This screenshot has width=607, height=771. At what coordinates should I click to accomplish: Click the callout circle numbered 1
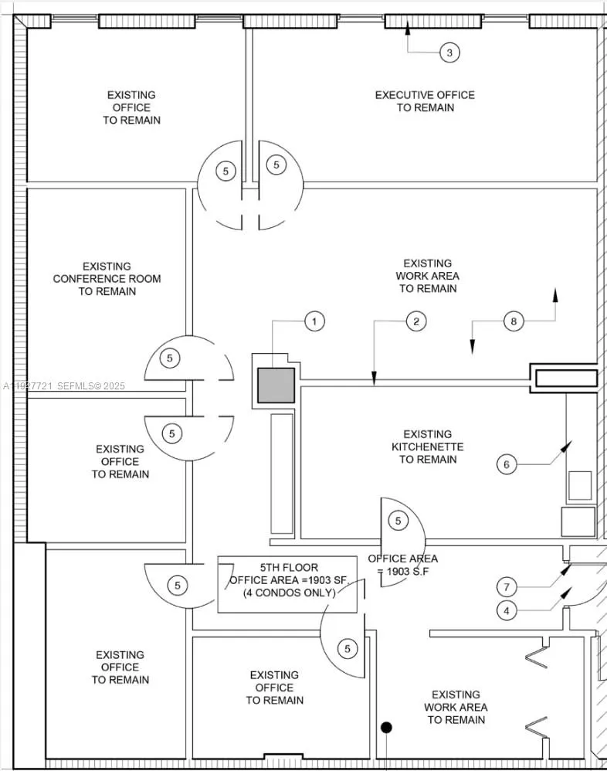click(x=314, y=321)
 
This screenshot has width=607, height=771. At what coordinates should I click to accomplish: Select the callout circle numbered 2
click(x=415, y=321)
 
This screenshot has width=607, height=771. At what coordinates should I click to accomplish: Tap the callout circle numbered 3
click(x=449, y=53)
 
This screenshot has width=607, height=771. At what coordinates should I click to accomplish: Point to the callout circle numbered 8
click(x=514, y=321)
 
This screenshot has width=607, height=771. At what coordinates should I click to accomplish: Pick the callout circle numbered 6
click(x=507, y=464)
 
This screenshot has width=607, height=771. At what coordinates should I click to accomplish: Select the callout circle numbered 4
click(x=507, y=610)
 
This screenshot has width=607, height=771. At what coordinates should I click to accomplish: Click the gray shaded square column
click(x=276, y=385)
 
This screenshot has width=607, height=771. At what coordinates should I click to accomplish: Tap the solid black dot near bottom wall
click(x=386, y=727)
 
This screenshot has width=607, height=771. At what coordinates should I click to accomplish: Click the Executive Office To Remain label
click(x=425, y=101)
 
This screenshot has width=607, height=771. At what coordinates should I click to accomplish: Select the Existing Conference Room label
click(x=107, y=279)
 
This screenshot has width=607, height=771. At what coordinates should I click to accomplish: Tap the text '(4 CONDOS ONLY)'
click(x=288, y=593)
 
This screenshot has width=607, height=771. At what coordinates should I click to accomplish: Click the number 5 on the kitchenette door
click(x=398, y=521)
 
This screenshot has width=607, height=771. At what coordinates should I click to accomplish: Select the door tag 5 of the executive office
click(x=276, y=165)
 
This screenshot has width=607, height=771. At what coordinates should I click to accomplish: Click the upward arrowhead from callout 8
click(x=554, y=294)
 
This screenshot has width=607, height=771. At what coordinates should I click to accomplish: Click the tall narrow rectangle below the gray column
click(x=282, y=474)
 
